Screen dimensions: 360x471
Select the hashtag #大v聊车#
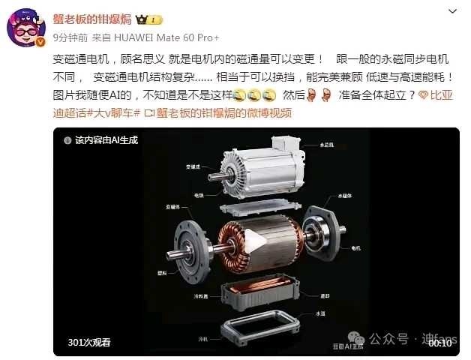113,113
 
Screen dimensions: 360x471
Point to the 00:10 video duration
439,343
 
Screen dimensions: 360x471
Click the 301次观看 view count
88,343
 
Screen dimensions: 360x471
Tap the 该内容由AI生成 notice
106,139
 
